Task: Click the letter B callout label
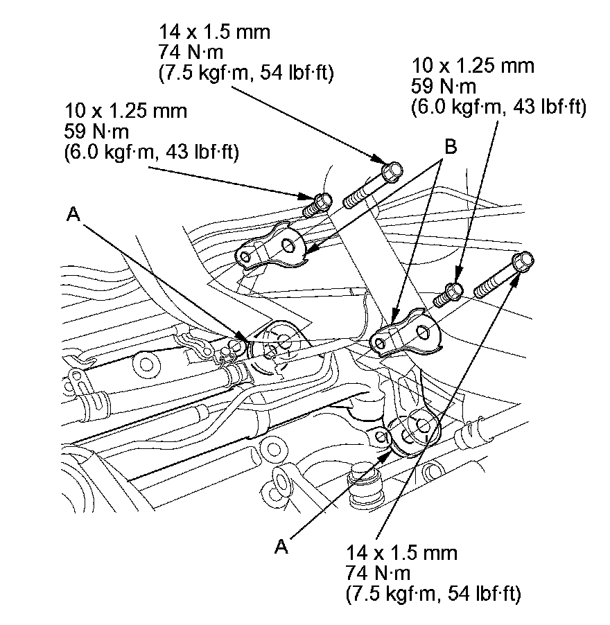451,147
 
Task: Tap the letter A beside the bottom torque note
281,547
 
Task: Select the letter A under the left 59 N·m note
73,214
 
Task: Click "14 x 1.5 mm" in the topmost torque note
214,32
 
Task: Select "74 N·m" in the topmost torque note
191,52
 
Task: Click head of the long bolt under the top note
392,171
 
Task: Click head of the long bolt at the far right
523,262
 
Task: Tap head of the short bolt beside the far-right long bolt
454,291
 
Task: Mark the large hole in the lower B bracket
423,332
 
